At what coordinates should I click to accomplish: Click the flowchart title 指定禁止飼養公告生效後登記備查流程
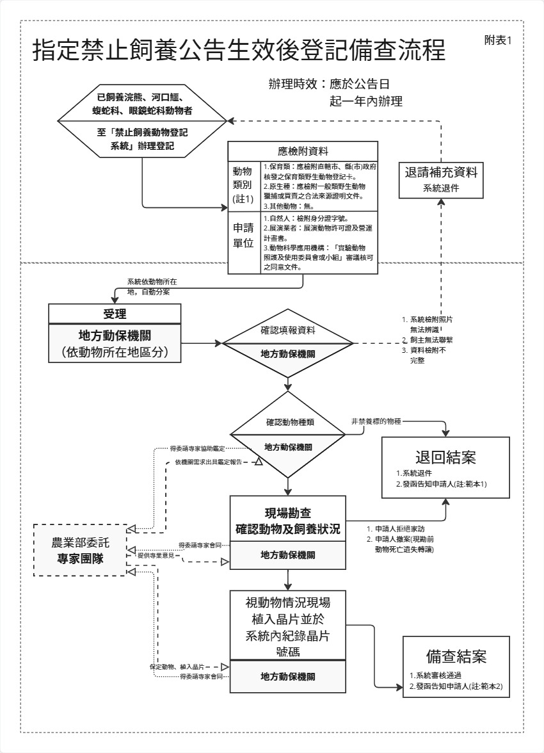[239, 51]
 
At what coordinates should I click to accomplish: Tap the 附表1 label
[499, 40]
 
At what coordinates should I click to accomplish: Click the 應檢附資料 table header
[303, 151]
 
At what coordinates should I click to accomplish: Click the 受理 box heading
[115, 314]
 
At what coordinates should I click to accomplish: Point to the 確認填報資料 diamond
[287, 331]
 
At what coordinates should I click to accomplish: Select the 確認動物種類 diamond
[289, 423]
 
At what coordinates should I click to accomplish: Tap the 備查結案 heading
[456, 656]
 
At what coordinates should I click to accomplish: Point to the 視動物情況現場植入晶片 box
[288, 624]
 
